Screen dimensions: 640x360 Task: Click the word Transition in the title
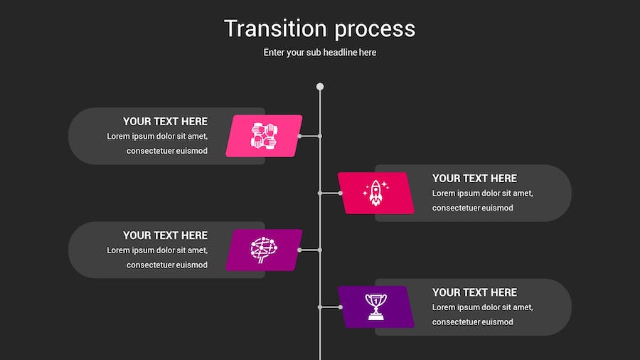275,28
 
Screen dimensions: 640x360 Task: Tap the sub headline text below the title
319,52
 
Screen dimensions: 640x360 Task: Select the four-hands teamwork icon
264,135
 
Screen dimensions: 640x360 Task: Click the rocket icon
376,193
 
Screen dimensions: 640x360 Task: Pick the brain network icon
264,250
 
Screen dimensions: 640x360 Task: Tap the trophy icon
376,307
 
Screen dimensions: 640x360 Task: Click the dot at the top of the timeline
320,87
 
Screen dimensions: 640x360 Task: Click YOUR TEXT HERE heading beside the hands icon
165,121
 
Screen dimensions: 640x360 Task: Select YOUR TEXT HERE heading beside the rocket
474,179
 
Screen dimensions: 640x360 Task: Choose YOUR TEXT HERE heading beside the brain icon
165,235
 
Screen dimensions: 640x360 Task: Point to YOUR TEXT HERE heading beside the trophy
474,292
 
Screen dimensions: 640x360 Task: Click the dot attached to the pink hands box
300,136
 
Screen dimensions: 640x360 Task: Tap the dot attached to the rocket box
340,193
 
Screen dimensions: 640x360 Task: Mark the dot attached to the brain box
300,250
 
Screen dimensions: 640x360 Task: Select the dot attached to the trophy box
340,307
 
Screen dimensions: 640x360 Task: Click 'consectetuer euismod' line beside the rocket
473,208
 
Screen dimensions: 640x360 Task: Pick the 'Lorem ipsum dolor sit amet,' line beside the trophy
482,307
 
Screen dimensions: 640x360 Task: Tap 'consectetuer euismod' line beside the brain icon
167,265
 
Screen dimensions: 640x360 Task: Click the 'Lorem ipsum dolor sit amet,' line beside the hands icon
157,137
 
